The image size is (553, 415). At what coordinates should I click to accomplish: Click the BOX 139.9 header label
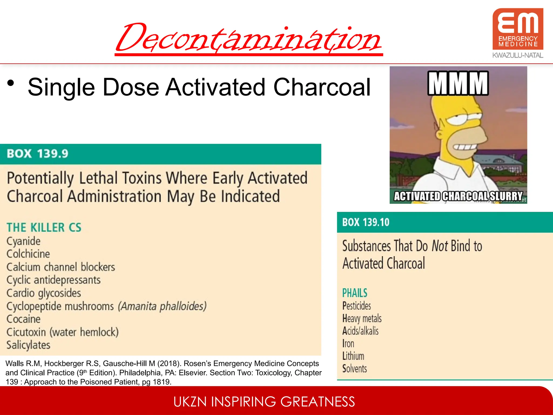38,154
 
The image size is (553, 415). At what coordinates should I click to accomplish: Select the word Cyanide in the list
23,241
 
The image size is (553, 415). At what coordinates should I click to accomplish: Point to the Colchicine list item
28,254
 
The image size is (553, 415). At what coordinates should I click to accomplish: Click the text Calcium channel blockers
61,267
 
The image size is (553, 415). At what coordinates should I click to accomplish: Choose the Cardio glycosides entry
44,293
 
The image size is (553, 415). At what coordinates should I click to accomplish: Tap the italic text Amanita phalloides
162,306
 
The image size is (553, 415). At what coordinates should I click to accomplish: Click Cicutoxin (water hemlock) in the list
62,332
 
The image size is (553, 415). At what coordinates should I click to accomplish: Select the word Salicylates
28,345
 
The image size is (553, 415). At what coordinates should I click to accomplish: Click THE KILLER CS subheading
44,227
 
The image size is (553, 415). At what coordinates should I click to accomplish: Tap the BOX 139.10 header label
366,222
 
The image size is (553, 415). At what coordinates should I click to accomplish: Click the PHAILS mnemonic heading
355,293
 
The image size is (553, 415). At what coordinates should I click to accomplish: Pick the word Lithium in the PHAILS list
353,356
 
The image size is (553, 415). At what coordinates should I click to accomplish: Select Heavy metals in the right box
362,319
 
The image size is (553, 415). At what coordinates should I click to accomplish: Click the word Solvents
355,369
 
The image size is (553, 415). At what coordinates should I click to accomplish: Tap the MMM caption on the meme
458,83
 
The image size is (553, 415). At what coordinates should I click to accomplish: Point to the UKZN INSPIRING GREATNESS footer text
264,402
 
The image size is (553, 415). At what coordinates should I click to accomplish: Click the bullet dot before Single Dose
11,83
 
